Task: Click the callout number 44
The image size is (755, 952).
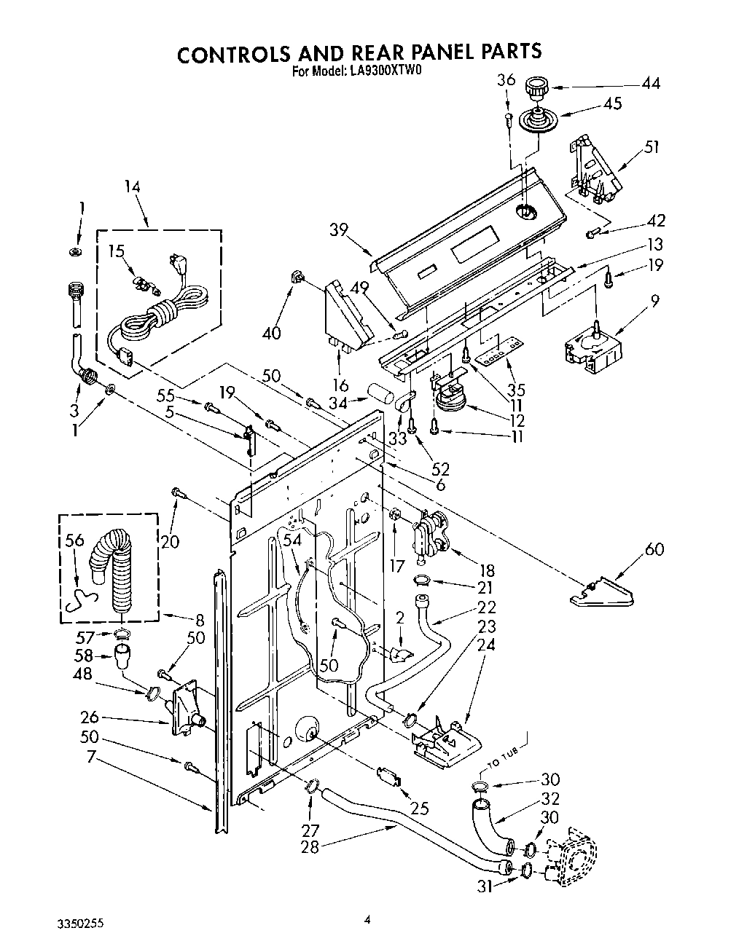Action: pyautogui.click(x=650, y=84)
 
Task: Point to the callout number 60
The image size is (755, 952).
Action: pyautogui.click(x=654, y=549)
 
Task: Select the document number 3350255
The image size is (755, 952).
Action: pyautogui.click(x=79, y=922)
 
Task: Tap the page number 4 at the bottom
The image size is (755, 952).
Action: pyautogui.click(x=368, y=920)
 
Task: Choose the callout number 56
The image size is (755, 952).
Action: pyautogui.click(x=75, y=540)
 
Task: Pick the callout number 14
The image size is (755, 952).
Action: pyautogui.click(x=131, y=186)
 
